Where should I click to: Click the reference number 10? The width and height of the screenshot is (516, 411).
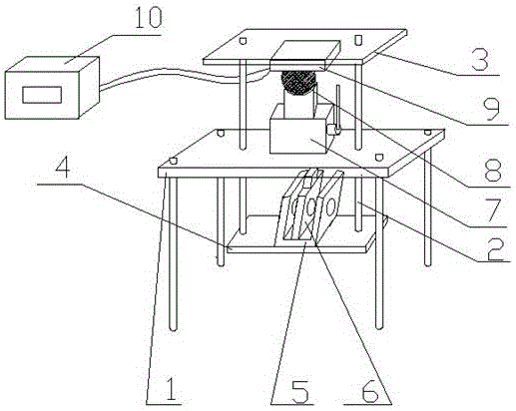click(149, 18)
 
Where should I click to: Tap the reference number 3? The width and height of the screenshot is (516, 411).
click(480, 60)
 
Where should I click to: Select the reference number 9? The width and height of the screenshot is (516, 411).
click(490, 110)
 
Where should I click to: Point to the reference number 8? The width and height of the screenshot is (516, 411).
click(492, 171)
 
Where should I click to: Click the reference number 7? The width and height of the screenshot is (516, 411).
click(491, 209)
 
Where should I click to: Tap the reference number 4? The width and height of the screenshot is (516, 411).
click(63, 169)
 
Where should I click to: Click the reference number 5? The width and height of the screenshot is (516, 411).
click(300, 390)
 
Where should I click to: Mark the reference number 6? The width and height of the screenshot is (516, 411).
click(370, 390)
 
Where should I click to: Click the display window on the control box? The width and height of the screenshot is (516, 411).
click(42, 95)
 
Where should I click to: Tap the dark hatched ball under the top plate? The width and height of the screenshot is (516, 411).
click(298, 83)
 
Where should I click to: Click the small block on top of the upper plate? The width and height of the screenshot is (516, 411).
click(305, 53)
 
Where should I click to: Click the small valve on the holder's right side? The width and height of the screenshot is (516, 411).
click(333, 130)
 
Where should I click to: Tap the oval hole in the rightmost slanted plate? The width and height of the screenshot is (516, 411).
click(330, 207)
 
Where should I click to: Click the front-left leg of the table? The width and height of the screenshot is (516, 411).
click(173, 253)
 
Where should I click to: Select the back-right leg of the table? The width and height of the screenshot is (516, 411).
click(428, 206)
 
